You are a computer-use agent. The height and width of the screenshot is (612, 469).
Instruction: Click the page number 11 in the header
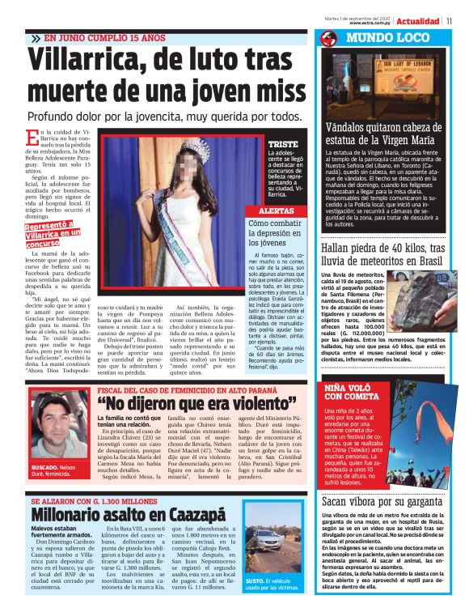(449, 20)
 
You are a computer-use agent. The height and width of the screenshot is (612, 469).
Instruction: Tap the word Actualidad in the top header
(417, 20)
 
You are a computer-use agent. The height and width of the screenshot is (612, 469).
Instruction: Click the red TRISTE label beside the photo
(283, 145)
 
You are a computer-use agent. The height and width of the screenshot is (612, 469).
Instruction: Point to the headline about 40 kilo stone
(382, 254)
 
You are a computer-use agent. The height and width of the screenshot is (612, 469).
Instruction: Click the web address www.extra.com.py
(372, 23)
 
